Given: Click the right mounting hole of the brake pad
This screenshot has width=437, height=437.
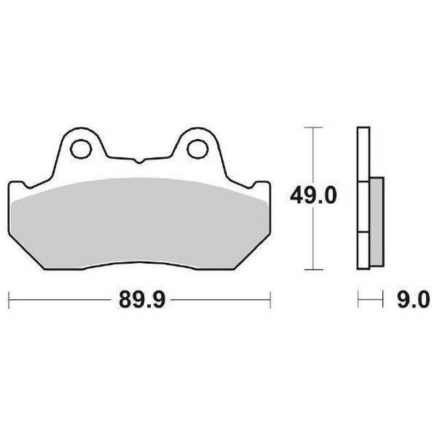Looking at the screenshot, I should pos(197,147).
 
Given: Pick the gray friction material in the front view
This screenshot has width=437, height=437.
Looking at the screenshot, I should pos(140,224).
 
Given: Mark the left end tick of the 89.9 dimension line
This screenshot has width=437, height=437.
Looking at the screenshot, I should pos(9,300).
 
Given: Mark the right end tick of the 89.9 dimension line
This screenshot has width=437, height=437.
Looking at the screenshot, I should pos(270,300).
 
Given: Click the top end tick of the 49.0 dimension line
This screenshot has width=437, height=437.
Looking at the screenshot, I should pos(312,127).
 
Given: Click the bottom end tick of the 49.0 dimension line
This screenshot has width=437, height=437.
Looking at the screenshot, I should pos(312,269).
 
